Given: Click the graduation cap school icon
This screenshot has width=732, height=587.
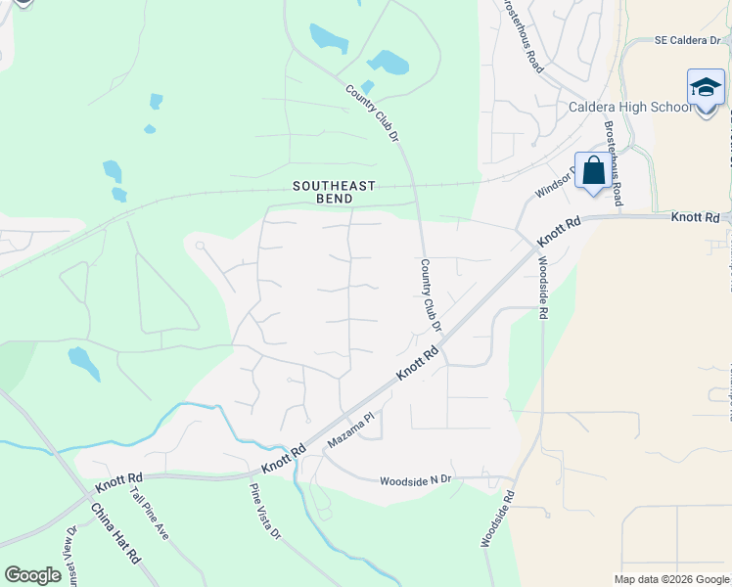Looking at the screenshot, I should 706,89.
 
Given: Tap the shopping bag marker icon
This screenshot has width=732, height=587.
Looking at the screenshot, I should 593,171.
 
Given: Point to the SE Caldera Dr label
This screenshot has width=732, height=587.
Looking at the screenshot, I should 691,42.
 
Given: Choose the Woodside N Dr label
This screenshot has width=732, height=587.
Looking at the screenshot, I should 416,479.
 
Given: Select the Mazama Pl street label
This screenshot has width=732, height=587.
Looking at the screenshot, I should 351,430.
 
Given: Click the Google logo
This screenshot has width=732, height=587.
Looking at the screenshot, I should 32,575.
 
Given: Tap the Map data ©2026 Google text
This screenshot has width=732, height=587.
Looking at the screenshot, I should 670,579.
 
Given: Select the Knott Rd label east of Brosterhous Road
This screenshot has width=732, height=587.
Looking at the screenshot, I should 696,215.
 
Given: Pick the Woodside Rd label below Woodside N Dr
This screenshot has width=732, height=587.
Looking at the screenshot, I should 498,519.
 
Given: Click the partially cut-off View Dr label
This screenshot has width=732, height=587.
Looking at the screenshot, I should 69,552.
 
